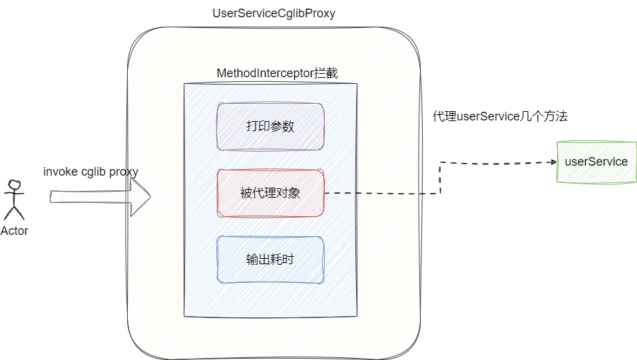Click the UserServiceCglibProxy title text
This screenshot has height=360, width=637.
tap(274, 13)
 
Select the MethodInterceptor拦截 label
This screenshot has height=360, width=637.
tap(277, 73)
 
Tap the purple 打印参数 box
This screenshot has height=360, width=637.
tap(270, 126)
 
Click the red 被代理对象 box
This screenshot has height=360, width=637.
tap(270, 194)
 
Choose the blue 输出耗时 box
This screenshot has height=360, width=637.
tap(270, 260)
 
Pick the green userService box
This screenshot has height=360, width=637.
tap(596, 162)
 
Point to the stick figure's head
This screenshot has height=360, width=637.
tap(13, 184)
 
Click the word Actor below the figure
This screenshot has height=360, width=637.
tap(15, 231)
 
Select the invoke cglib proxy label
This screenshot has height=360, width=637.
tap(91, 172)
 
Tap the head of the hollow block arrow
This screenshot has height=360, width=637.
tap(140, 196)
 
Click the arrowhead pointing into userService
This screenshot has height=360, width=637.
tap(552, 162)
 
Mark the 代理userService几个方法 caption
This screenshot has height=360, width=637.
tap(500, 116)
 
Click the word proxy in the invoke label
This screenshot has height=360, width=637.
tap(124, 172)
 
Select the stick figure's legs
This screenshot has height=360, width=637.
tap(14, 212)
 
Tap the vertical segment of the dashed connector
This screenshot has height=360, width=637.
tap(440, 178)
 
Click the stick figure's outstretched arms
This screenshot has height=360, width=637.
tap(14, 194)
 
